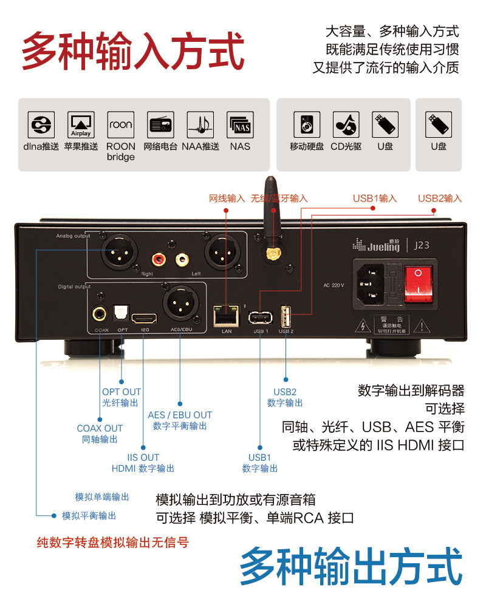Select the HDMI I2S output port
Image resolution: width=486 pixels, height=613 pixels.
145,317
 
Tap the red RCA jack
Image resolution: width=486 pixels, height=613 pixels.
160,260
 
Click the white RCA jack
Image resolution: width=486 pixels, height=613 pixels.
182,260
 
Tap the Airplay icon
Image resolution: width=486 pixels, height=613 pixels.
81,124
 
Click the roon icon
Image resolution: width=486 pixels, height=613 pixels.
121,124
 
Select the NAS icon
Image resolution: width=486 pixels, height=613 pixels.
240,124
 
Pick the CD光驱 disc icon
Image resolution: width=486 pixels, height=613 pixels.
346,124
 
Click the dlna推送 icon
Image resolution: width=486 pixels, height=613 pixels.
41,124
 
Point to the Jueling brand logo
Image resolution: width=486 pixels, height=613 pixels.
376,246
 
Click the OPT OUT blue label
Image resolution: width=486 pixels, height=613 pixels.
121,392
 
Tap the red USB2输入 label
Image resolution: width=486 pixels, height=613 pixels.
440,198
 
